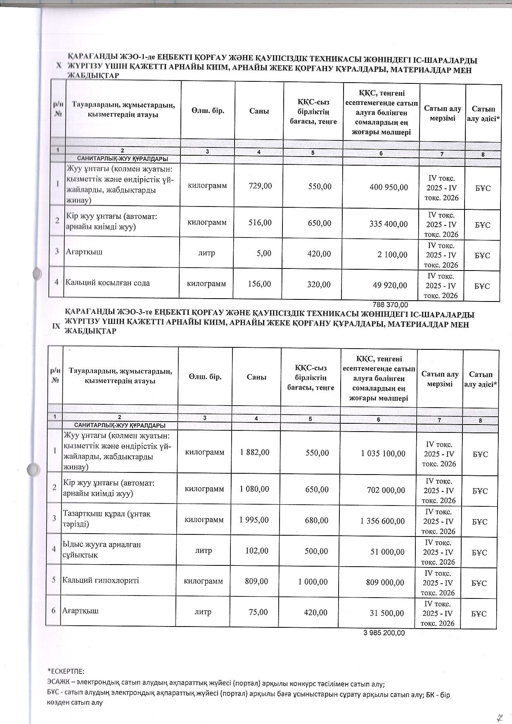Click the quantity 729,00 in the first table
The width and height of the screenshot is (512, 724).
click(x=260, y=186)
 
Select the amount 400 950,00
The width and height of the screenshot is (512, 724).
click(x=389, y=187)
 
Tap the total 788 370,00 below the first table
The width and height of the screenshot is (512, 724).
click(x=390, y=305)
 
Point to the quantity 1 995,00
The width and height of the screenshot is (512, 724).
click(x=254, y=520)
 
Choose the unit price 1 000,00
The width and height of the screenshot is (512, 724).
click(x=313, y=582)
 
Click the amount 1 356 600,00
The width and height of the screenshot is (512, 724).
click(x=382, y=520)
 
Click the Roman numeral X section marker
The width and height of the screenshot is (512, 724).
click(x=59, y=65)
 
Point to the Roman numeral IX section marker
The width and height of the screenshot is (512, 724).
click(x=56, y=326)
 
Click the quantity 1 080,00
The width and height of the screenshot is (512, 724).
click(x=254, y=489)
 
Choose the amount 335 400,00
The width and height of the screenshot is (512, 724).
click(x=388, y=224)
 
